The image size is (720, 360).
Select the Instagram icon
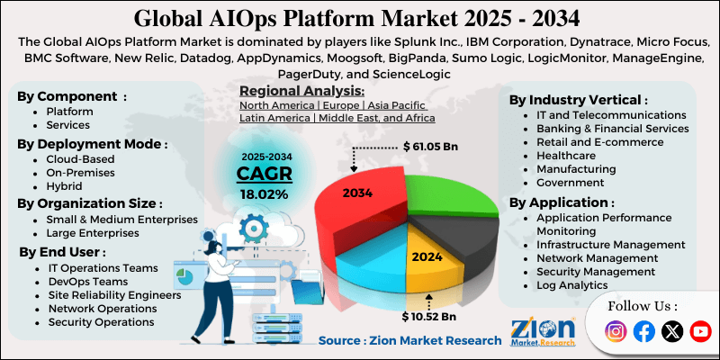(x=616, y=331)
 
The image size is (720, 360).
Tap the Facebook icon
(x=643, y=331)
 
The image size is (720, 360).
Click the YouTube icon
(x=699, y=331)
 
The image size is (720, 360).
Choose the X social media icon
(x=671, y=331)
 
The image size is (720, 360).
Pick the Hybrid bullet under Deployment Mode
(x=64, y=186)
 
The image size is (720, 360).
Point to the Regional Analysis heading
(x=301, y=91)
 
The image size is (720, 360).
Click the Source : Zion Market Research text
(x=409, y=340)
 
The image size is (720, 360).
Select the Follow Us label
(x=643, y=306)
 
